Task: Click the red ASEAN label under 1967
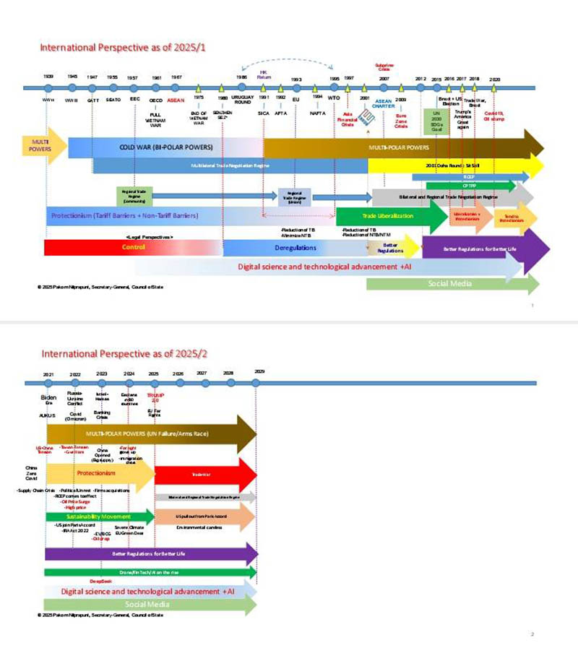[176, 100]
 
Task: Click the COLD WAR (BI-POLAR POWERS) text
[166, 147]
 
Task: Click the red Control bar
[133, 247]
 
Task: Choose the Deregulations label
[296, 247]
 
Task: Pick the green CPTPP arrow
[470, 186]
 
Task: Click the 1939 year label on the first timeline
[48, 76]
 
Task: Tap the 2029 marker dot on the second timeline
[259, 382]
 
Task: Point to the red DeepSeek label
[100, 581]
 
